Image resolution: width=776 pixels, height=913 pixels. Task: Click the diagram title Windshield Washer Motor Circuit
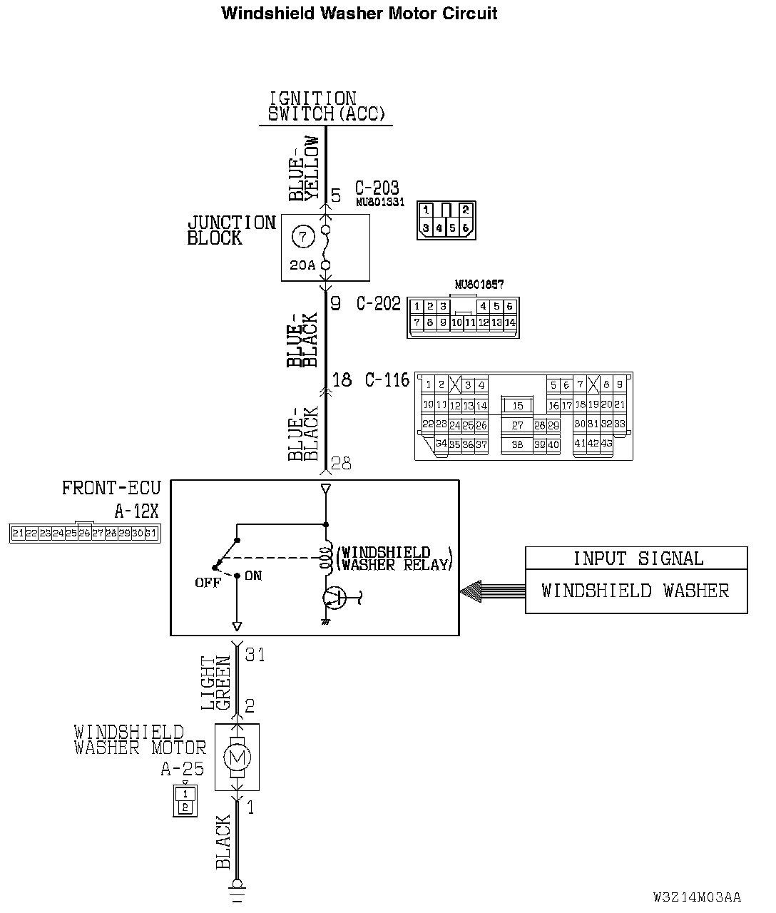359,14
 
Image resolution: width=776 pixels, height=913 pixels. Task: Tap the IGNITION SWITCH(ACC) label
325,106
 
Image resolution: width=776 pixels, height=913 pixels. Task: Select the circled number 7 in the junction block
302,236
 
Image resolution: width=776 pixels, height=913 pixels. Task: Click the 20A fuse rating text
302,265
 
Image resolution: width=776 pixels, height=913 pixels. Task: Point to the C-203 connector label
377,188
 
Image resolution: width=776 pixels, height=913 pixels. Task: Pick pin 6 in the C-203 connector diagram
466,228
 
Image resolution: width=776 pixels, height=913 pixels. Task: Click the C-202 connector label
379,304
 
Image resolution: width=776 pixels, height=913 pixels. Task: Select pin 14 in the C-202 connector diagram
509,322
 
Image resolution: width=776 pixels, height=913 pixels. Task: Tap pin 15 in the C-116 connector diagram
518,405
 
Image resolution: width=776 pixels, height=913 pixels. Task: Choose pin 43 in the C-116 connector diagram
606,444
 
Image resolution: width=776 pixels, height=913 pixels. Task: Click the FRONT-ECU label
111,489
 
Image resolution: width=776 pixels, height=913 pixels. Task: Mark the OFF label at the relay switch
208,583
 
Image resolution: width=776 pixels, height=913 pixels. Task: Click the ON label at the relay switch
253,576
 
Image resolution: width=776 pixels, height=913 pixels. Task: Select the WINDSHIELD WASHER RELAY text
394,558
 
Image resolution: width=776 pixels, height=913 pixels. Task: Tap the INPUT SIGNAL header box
637,558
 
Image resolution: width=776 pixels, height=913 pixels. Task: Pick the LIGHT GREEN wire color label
215,683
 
